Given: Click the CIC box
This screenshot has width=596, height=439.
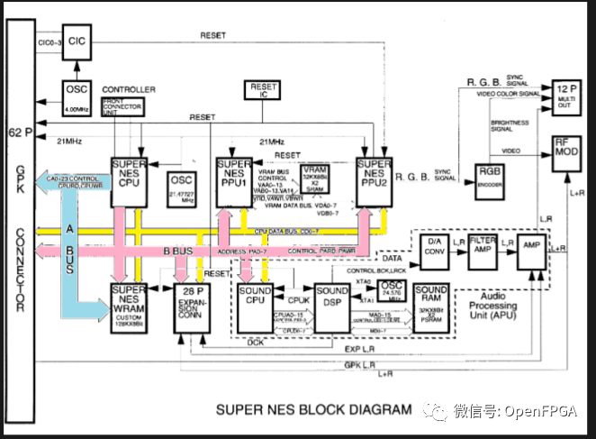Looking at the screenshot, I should (x=77, y=41).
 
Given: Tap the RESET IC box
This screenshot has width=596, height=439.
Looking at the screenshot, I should (x=258, y=90).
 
